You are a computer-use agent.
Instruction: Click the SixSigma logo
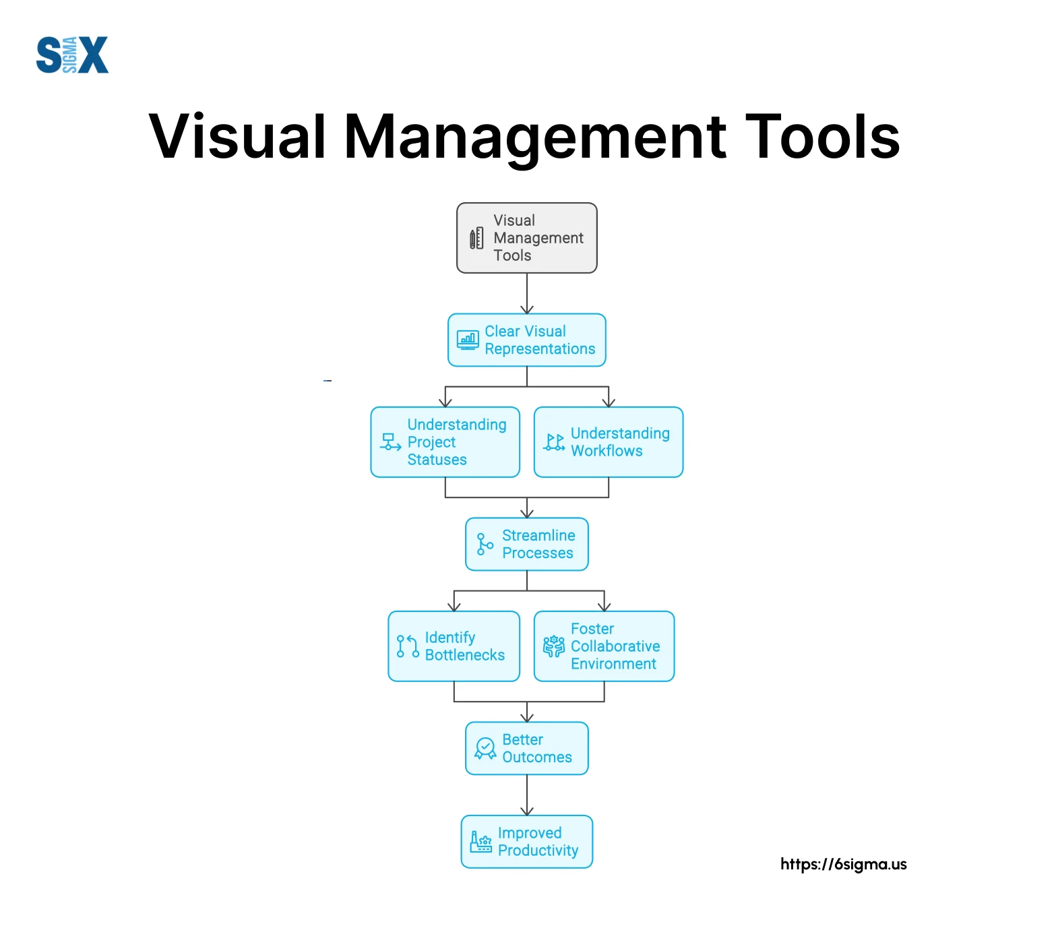click(x=72, y=55)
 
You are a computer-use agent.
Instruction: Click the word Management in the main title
click(x=536, y=138)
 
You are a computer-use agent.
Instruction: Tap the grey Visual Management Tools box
click(x=526, y=238)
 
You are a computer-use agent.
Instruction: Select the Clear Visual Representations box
click(x=526, y=340)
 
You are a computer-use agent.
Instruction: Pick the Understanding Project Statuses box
click(x=445, y=442)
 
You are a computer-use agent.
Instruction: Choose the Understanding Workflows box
click(x=608, y=442)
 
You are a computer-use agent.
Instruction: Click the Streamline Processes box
click(x=526, y=544)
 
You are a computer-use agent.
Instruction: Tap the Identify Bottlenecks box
click(x=454, y=646)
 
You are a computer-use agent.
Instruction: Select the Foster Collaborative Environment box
click(x=604, y=646)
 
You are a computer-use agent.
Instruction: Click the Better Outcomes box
click(x=526, y=748)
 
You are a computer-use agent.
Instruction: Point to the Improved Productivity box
click(x=526, y=842)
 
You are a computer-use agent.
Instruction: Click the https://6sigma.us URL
click(x=843, y=864)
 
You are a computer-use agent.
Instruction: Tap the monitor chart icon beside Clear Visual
click(x=468, y=340)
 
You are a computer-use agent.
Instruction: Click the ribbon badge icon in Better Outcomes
click(x=485, y=748)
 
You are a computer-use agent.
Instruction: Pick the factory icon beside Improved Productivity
click(x=480, y=842)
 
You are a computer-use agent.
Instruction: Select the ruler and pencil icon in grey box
click(x=476, y=238)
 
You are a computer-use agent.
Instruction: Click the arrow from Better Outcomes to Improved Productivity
click(x=527, y=795)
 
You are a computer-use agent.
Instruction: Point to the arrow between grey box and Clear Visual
click(x=527, y=293)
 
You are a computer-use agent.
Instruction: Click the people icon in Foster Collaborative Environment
click(x=554, y=646)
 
